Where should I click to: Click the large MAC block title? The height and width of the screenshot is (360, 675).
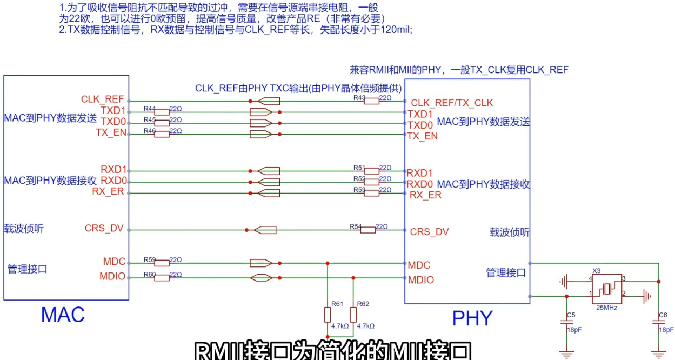(63, 315)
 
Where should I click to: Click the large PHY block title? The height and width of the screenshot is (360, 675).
(472, 318)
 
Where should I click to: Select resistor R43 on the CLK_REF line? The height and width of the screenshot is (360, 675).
(371, 101)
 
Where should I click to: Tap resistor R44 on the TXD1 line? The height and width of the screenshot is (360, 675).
(162, 112)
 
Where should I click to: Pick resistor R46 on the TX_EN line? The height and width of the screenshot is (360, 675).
(162, 134)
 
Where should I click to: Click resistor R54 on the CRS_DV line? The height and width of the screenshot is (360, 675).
(367, 230)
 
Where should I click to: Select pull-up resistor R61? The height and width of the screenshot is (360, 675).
(327, 314)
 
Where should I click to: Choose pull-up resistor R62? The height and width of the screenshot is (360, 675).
(353, 314)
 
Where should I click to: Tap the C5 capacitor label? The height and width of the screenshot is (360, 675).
(571, 315)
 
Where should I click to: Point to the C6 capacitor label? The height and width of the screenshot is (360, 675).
(663, 315)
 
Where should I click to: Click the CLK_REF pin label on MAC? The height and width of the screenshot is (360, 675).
(103, 99)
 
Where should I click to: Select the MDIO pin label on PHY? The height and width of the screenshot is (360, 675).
(421, 280)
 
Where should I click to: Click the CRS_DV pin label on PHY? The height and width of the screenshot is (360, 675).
(430, 232)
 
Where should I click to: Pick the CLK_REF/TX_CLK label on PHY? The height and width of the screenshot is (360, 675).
(452, 103)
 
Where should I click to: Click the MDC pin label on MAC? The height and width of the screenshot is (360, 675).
(114, 262)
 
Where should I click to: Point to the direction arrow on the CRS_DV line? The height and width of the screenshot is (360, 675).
(265, 230)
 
